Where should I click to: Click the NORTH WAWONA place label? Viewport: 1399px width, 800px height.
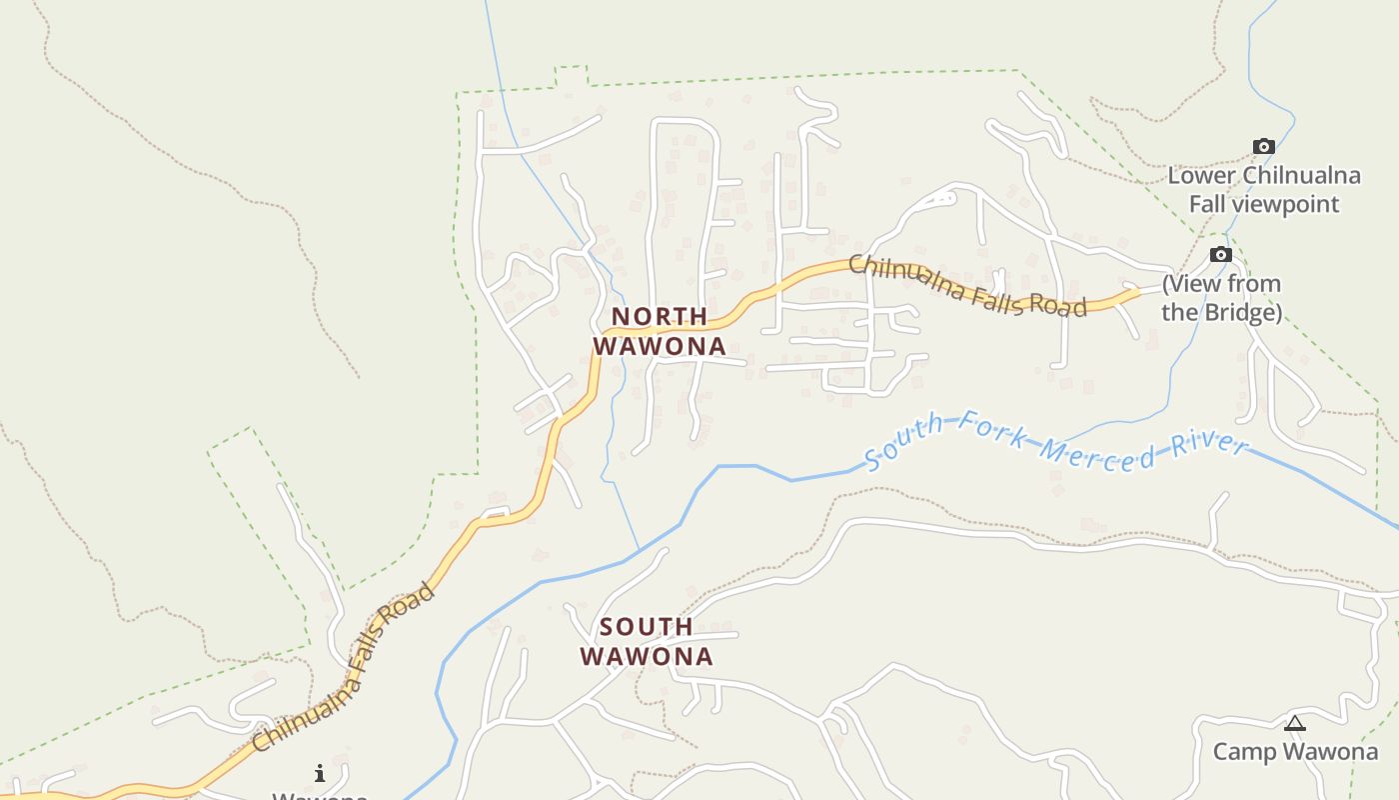(x=660, y=331)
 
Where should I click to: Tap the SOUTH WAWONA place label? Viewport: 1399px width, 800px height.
(x=647, y=641)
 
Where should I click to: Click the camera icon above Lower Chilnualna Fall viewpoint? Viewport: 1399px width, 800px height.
(x=1264, y=147)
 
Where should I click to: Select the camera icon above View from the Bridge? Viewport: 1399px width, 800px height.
(x=1220, y=255)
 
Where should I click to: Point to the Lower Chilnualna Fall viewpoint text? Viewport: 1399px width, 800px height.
(x=1264, y=190)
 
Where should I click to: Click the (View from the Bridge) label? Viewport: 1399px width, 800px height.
(x=1221, y=298)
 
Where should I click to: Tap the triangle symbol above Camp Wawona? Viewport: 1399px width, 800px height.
(x=1295, y=723)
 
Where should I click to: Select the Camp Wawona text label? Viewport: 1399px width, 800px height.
(x=1295, y=751)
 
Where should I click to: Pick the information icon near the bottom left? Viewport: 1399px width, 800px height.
(x=320, y=773)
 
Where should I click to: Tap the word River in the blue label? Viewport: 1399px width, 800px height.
(x=1210, y=446)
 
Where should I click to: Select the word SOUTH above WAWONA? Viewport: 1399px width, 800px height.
(x=647, y=627)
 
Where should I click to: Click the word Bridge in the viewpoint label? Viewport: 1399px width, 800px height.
(x=1240, y=312)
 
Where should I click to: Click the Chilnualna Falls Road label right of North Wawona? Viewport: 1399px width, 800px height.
(x=967, y=286)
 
